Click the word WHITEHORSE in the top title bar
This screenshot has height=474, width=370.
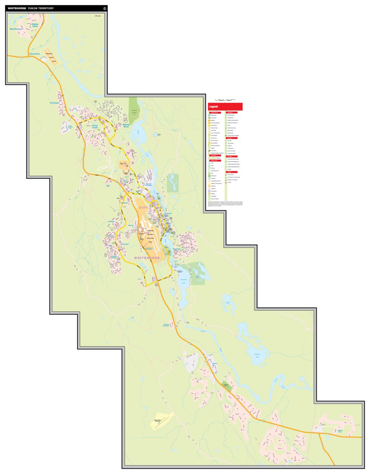coord(17,8)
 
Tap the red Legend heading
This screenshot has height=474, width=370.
coord(214,107)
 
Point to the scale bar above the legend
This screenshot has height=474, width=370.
coord(225,100)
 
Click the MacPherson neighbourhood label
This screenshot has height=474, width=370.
coord(16,29)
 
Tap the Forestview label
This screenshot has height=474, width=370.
coord(34,54)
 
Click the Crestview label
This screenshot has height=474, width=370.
coord(55,103)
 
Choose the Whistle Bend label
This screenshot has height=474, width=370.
coord(125,125)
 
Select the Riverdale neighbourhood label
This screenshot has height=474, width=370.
coord(177,249)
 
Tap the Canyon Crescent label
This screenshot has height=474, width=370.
coord(166,325)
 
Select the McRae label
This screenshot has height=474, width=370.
coord(214,363)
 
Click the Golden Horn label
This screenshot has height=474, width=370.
coord(340,431)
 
